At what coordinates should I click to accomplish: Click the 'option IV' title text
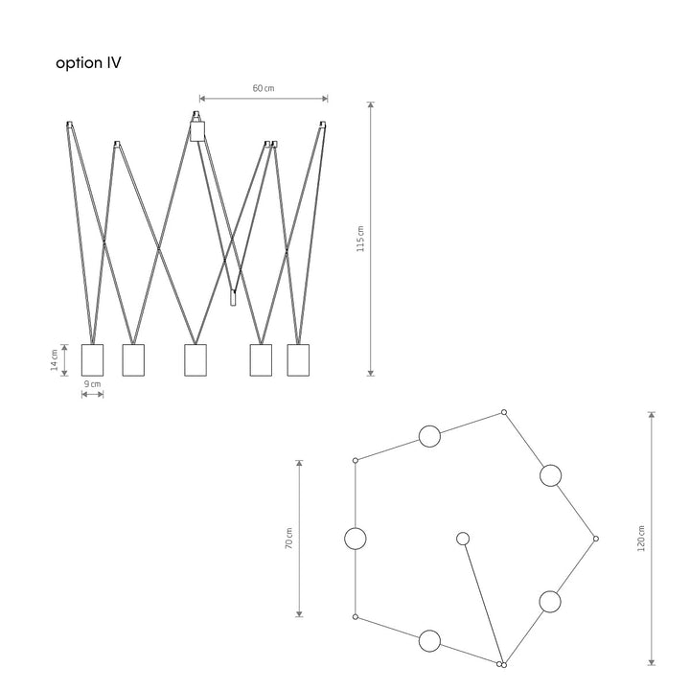[88, 63]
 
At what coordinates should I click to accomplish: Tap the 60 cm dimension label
[264, 88]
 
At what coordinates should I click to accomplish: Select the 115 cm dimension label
[360, 239]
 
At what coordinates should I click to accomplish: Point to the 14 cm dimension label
[54, 360]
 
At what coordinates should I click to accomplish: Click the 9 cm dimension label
[92, 383]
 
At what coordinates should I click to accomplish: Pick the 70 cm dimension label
[288, 539]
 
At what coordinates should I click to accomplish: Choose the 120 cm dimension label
[641, 539]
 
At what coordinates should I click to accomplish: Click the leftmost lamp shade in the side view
[92, 360]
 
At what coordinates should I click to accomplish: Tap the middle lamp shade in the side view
[195, 360]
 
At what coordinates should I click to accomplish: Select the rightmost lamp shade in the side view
[298, 360]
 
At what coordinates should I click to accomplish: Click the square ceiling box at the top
[197, 131]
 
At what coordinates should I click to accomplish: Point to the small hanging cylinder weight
[233, 298]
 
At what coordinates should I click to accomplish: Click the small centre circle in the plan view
[463, 539]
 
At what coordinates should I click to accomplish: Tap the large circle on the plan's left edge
[356, 539]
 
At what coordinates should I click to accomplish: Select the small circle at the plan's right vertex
[596, 539]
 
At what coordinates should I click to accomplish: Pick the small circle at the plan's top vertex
[504, 412]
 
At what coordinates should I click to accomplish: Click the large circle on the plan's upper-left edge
[429, 437]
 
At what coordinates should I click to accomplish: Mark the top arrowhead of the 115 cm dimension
[371, 105]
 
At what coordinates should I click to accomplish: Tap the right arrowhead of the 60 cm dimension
[325, 99]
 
